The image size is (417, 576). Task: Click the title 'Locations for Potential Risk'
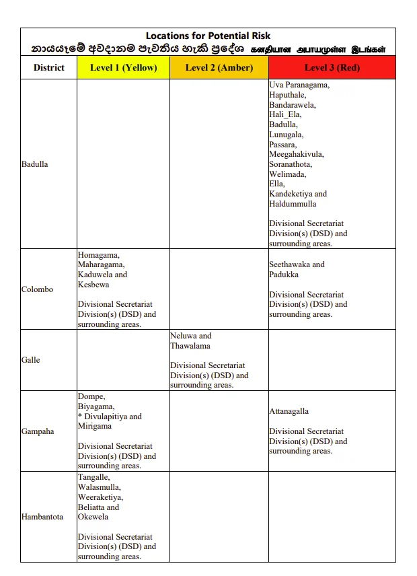pyautogui.click(x=208, y=36)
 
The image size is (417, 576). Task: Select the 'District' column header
pyautogui.click(x=48, y=67)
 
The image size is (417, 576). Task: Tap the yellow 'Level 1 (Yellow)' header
pyautogui.click(x=123, y=67)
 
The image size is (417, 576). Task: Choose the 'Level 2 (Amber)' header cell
pyautogui.click(x=219, y=67)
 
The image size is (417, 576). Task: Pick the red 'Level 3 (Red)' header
pyautogui.click(x=332, y=67)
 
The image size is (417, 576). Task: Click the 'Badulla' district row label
pyautogui.click(x=35, y=164)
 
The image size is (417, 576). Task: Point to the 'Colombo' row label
pyautogui.click(x=37, y=289)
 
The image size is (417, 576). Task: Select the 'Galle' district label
pyautogui.click(x=31, y=360)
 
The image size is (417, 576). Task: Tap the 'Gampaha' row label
pyautogui.click(x=38, y=431)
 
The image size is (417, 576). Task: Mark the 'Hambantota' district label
pyautogui.click(x=42, y=517)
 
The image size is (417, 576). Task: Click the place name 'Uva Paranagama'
pyautogui.click(x=299, y=85)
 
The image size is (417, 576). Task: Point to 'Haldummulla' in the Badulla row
pyautogui.click(x=293, y=204)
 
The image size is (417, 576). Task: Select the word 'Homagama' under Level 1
pyautogui.click(x=98, y=255)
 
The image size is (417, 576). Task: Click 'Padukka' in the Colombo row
pyautogui.click(x=284, y=275)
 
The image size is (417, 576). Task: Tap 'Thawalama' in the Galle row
pyautogui.click(x=190, y=346)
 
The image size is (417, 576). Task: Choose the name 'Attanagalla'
pyautogui.click(x=289, y=411)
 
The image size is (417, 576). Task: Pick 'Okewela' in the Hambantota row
pyautogui.click(x=93, y=517)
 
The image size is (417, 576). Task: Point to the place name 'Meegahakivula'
pyautogui.click(x=296, y=154)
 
